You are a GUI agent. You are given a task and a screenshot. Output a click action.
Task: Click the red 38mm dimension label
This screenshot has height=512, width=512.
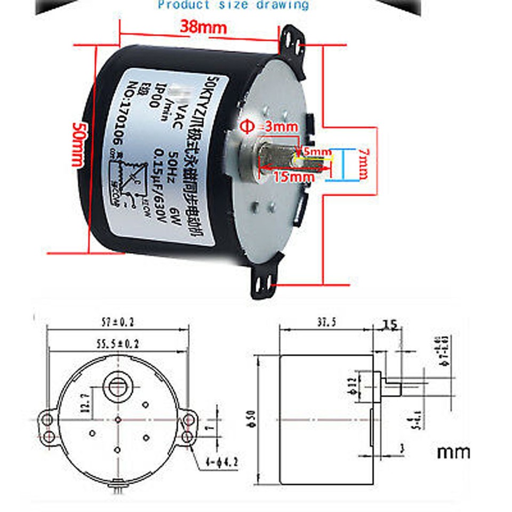click(x=203, y=27)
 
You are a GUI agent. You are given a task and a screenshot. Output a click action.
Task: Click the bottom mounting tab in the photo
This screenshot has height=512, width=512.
click(x=264, y=277)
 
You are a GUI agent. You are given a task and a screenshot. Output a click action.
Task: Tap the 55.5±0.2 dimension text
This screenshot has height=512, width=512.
click(x=117, y=345)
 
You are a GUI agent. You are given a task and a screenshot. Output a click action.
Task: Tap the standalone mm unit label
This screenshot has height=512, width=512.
click(x=453, y=452)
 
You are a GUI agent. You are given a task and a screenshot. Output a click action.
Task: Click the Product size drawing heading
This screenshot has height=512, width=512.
click(x=233, y=5)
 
